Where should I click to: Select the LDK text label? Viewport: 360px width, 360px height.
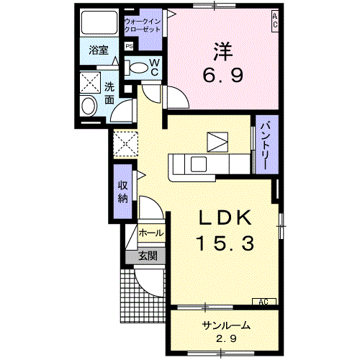pos(223,218)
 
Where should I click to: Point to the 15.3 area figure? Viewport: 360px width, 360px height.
pos(223,243)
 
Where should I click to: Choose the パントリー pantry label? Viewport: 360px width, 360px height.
pos(264,144)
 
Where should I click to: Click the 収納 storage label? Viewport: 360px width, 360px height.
pos(122,189)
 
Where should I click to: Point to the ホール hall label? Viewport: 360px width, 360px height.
pos(150,234)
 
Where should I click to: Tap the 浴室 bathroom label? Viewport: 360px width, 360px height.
pos(98,50)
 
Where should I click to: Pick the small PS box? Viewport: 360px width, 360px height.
pos(129,47)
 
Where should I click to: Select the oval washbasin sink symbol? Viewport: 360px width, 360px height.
pos(88,107)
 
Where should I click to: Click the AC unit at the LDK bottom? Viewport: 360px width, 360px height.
pos(262,302)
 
